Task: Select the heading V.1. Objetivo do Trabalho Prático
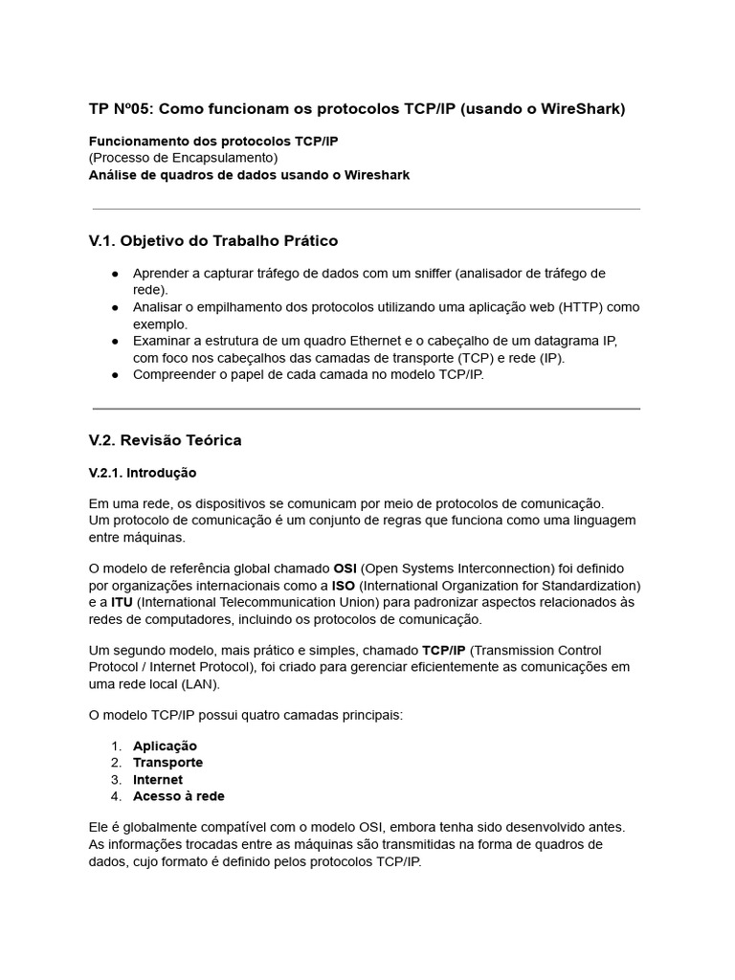pyautogui.click(x=212, y=241)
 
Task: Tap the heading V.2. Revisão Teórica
pyautogui.click(x=165, y=440)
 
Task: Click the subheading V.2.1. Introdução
pyautogui.click(x=142, y=473)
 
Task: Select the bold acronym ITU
pyautogui.click(x=122, y=603)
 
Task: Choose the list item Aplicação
pyautogui.click(x=165, y=746)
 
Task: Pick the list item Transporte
pyautogui.click(x=167, y=763)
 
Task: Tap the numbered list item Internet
pyautogui.click(x=158, y=780)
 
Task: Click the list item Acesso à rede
pyautogui.click(x=179, y=796)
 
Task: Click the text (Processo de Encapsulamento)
pyautogui.click(x=183, y=158)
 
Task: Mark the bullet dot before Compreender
pyautogui.click(x=115, y=375)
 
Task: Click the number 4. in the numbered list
pyautogui.click(x=116, y=796)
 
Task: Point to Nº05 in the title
pyautogui.click(x=132, y=109)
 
